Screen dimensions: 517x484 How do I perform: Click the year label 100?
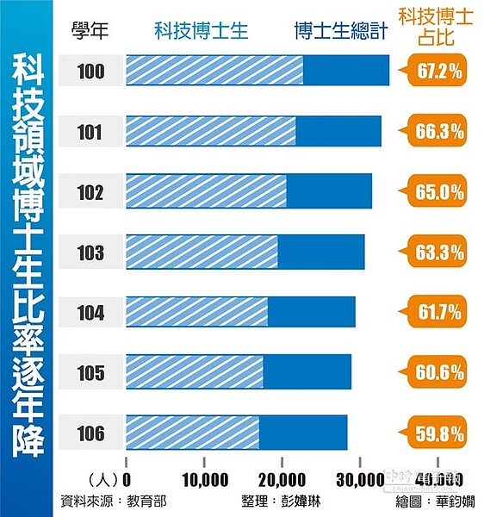[90, 71]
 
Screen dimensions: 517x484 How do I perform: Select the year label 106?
[90, 433]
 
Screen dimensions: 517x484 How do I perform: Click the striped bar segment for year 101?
[211, 131]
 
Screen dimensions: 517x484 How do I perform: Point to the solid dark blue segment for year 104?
[311, 312]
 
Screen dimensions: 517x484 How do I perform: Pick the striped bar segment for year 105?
[195, 372]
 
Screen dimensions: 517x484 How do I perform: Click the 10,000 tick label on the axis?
[205, 478]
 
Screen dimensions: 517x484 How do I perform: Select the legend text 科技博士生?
[202, 32]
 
